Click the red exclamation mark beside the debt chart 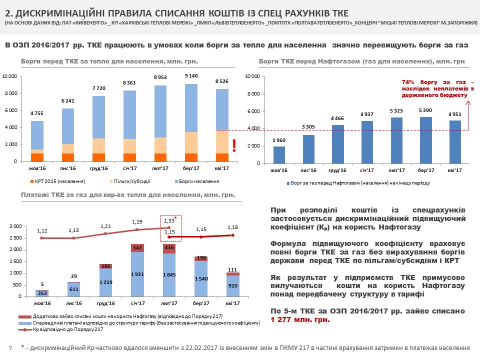[233, 145]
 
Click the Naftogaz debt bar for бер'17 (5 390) [425, 140]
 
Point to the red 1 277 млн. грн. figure [300, 319]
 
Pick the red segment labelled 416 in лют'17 [169, 247]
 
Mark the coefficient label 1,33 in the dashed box [169, 220]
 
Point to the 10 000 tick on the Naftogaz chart [251, 76]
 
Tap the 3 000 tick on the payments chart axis [15, 226]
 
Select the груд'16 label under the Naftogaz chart [338, 170]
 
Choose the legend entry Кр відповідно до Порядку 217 [68, 330]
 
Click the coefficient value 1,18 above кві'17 [232, 227]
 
